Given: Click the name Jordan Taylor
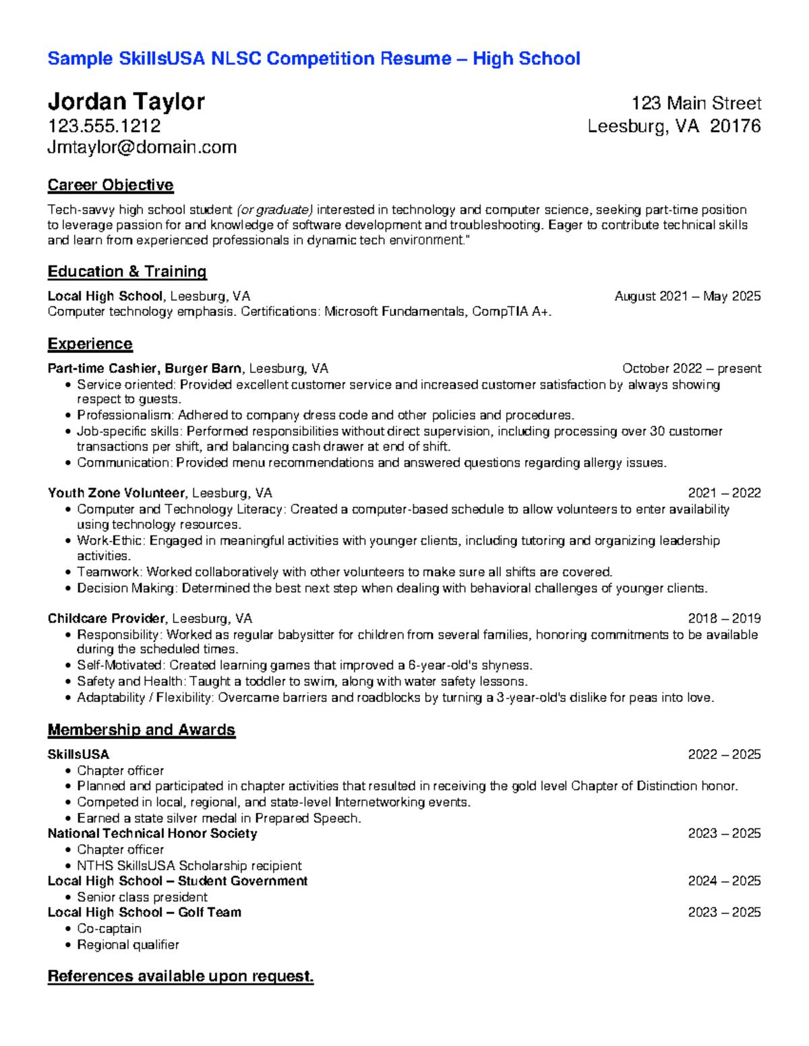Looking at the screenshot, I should click(126, 102).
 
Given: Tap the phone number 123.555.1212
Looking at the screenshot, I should click(104, 126).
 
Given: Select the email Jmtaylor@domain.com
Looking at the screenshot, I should click(142, 147).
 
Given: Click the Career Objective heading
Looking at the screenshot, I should click(111, 185).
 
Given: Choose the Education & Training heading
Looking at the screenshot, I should click(127, 271).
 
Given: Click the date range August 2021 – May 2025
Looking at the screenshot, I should click(687, 296).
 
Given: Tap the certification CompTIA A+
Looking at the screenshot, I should click(510, 311).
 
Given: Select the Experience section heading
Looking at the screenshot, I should click(90, 344).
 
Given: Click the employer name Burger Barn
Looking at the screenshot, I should click(203, 368).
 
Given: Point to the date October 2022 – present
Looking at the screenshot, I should click(691, 368).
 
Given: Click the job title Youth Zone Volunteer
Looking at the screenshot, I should click(116, 493).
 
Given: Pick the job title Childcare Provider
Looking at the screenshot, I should click(107, 618).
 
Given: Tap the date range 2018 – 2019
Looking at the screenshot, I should click(724, 618).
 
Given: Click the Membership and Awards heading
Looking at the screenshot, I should click(141, 730).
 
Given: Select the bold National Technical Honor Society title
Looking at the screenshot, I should click(152, 834).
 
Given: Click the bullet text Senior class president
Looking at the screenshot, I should click(142, 897).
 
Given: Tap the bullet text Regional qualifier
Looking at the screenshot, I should click(128, 945).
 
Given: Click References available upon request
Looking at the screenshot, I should click(181, 977).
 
